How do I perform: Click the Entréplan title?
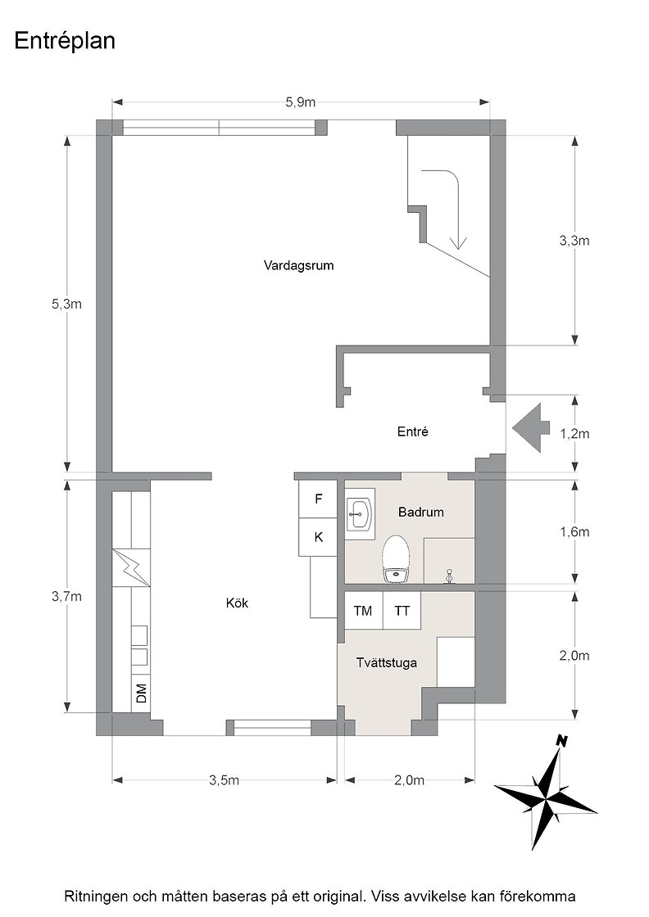click(x=65, y=42)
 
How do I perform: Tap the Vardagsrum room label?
click(x=298, y=265)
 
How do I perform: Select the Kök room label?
click(x=237, y=603)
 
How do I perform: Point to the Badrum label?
click(x=420, y=513)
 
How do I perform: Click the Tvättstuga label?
click(x=387, y=663)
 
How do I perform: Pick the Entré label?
click(x=412, y=431)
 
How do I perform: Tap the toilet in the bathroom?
click(x=396, y=559)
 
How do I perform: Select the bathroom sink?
click(x=359, y=515)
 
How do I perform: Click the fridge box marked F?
click(x=319, y=499)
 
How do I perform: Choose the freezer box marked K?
click(x=319, y=537)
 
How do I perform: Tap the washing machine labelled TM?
click(x=363, y=611)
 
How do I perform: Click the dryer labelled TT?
click(x=402, y=611)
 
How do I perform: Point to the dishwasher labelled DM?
click(x=141, y=693)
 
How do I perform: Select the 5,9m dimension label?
click(x=300, y=102)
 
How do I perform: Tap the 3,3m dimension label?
click(x=574, y=241)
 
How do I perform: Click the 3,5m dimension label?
click(x=225, y=780)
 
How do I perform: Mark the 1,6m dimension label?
click(x=574, y=531)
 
